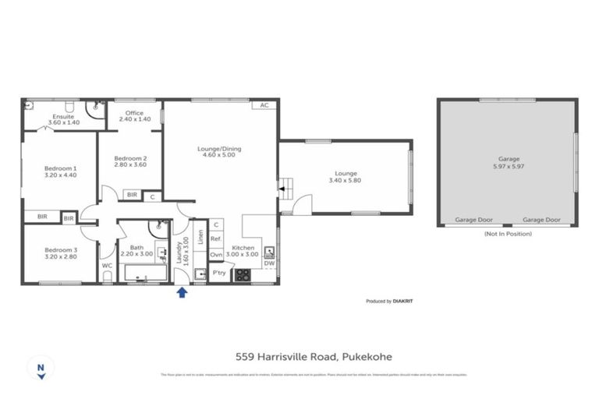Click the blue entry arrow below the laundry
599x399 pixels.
182,292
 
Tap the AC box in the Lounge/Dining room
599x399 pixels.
264,105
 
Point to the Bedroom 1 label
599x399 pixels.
60,168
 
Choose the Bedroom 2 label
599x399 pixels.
130,158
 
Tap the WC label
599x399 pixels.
107,266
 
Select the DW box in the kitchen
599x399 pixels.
269,263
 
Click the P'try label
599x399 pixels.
219,274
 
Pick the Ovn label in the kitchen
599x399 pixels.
216,254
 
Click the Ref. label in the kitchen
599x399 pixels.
216,239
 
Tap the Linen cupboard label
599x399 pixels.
201,234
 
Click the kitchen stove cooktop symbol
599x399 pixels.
243,274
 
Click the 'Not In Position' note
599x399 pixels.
508,234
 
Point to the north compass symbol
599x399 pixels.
40,369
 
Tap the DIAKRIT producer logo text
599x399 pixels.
402,301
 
